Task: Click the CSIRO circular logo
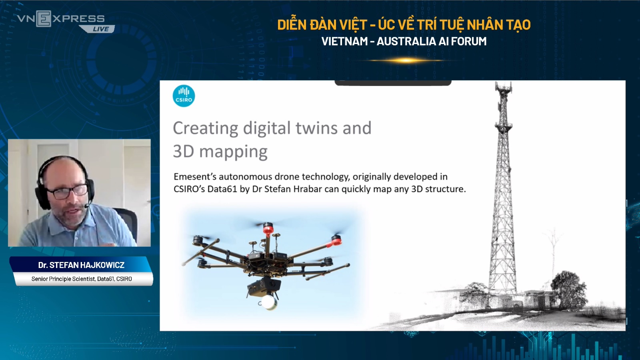pyautogui.click(x=184, y=96)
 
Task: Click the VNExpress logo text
pyautogui.click(x=61, y=19)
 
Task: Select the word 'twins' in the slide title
pyautogui.click(x=316, y=128)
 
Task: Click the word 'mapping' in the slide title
pyautogui.click(x=233, y=152)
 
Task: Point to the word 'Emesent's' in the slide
pyautogui.click(x=194, y=176)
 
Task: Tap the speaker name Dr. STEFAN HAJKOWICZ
pyautogui.click(x=82, y=265)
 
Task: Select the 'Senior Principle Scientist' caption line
pyautogui.click(x=82, y=279)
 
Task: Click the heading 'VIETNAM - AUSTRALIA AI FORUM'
pyautogui.click(x=404, y=42)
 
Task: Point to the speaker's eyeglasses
pyautogui.click(x=68, y=192)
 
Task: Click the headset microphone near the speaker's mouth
pyautogui.click(x=86, y=206)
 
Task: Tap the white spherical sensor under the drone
pyautogui.click(x=268, y=302)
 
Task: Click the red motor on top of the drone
pyautogui.click(x=268, y=228)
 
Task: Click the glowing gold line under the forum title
pyautogui.click(x=405, y=60)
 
